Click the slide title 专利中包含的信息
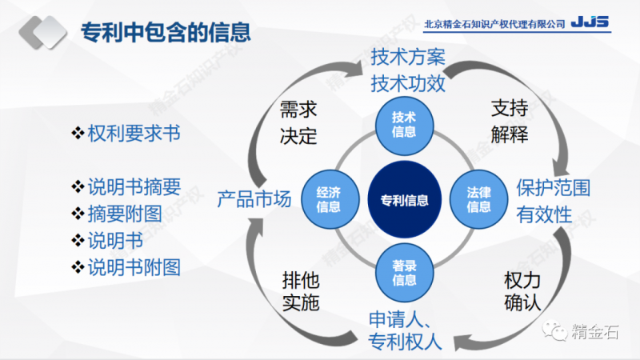click(166, 33)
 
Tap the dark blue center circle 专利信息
click(404, 199)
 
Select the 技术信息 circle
click(404, 125)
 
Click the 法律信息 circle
click(478, 199)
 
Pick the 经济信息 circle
click(329, 199)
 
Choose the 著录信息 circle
click(404, 273)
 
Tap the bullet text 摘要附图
click(124, 214)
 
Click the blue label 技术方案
click(407, 58)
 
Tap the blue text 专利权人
click(405, 342)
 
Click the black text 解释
click(509, 134)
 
